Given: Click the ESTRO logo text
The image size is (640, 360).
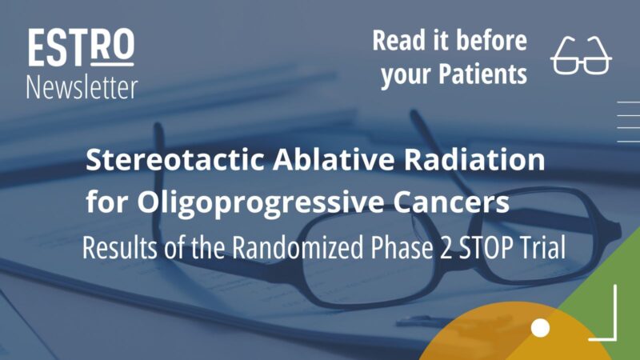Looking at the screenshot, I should tap(81, 49).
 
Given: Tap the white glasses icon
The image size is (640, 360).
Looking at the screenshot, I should tap(582, 57).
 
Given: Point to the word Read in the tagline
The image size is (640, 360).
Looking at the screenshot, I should tap(398, 40).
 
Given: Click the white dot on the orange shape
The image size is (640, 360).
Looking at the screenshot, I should tap(541, 328).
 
